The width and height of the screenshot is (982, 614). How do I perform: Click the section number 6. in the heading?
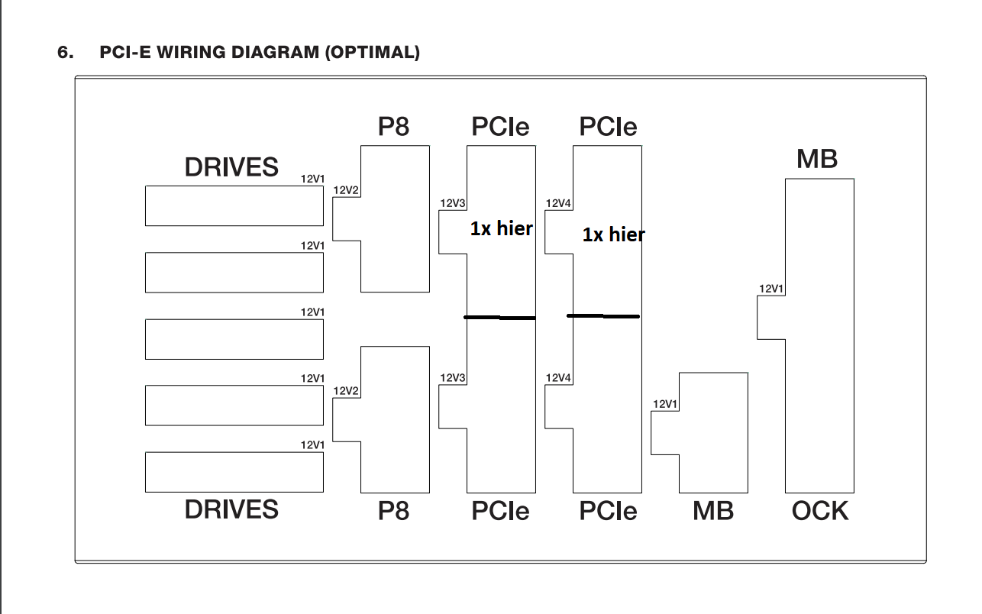65,53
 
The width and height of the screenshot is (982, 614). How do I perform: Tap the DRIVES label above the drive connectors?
231,166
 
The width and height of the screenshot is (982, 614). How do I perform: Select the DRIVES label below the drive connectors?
231,509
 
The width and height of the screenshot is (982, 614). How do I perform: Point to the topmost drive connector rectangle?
234,205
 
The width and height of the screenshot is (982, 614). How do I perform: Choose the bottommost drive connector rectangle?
234,472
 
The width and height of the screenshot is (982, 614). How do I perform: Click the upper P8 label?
393,126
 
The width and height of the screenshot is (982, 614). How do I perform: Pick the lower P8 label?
393,510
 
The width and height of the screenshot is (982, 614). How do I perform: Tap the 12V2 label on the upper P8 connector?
347,190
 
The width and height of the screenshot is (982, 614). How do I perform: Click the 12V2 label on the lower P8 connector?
347,391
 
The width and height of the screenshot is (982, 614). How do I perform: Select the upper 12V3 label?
453,204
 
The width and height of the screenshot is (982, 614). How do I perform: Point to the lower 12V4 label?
558,377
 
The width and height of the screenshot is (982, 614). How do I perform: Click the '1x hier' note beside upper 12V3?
501,228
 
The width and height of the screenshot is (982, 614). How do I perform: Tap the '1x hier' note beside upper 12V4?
613,234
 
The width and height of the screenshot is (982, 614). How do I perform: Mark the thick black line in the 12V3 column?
500,317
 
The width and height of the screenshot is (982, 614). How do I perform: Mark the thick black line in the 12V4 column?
603,315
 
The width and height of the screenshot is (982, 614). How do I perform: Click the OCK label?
819,510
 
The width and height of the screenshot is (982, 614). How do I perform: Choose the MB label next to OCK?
712,510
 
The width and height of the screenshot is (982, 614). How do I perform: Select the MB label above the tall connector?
816,159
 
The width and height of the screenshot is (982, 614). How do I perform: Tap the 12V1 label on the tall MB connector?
771,289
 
